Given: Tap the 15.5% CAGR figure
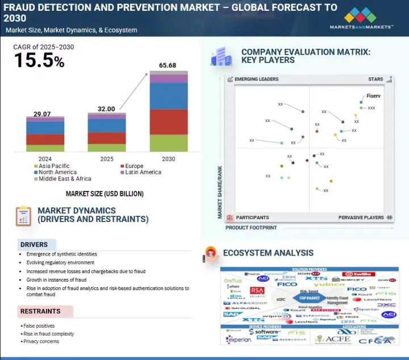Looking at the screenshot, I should pos(39,61).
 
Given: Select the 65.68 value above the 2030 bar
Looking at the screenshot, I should pos(168,66).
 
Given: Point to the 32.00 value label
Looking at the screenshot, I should pos(106,109).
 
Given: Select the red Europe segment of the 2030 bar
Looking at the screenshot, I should pos(169,122).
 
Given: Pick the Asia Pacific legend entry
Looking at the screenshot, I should pos(51,166).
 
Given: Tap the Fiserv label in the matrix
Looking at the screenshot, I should pos(374,96).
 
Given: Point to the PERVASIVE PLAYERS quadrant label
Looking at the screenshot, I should pos(361,217).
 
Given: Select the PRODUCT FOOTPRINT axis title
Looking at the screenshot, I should pos(252,228).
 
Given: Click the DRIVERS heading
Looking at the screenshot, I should pos(34,245).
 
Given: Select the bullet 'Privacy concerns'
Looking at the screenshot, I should pos(40,341).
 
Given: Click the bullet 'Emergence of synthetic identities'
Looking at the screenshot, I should pos(61,254).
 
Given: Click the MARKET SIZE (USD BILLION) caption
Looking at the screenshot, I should pos(105,194).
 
